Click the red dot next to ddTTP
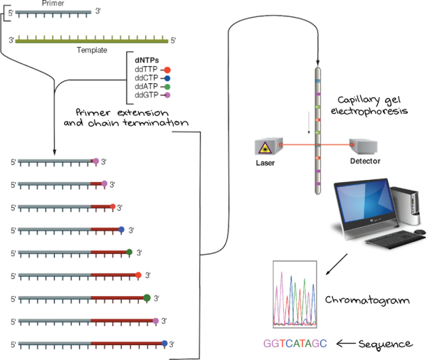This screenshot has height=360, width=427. tap(167, 70)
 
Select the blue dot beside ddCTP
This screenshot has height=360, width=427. tap(167, 78)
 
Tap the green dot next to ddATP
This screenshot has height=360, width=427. tap(167, 87)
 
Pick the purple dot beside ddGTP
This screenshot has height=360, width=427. tap(167, 95)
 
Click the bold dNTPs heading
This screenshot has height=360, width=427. tap(147, 60)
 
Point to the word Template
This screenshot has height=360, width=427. tap(92, 50)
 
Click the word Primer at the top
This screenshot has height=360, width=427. tap(53, 4)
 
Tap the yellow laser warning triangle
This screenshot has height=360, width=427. tap(265, 148)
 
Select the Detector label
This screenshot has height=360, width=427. tap(365, 161)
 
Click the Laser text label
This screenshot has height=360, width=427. tap(265, 163)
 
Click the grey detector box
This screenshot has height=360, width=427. tap(363, 147)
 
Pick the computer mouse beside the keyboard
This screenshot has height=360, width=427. tap(420, 232)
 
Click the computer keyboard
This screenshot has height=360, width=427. tap(395, 239)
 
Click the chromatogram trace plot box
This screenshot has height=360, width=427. tap(295, 294)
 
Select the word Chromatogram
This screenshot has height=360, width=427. tap(367, 300)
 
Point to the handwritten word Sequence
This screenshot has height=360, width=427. tap(385, 344)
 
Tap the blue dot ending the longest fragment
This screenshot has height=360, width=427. tap(164, 344)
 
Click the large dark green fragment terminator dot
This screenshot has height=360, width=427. tap(147, 298)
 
